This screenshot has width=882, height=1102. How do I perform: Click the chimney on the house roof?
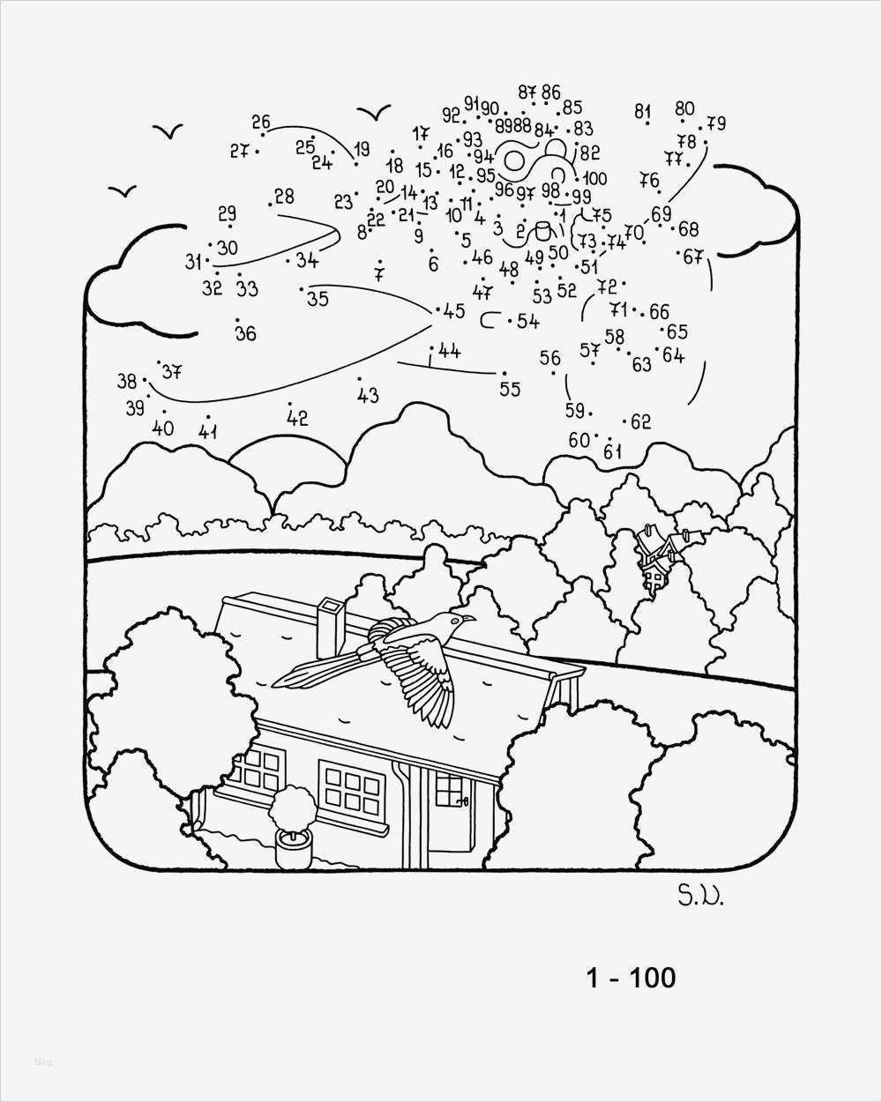pos(332,627)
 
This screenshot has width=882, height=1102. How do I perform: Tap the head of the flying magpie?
pos(460,622)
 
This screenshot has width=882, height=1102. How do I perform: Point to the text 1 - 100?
pos(631,977)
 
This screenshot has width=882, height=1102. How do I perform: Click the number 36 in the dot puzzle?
pos(245,332)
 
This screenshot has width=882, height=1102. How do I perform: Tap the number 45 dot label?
pos(454,310)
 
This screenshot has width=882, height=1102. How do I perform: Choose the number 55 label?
pos(510,388)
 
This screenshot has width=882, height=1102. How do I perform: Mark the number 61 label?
pos(612,452)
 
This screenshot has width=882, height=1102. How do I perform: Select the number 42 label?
pos(297,419)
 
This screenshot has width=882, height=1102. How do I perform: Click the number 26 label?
pos(260,123)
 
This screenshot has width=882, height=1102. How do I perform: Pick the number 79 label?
pos(715,123)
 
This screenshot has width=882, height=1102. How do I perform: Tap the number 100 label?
pos(595,179)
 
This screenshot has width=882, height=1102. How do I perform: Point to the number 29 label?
pos(227,213)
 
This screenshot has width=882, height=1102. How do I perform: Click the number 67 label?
pos(693,257)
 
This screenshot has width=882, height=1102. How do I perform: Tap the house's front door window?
pos(450,789)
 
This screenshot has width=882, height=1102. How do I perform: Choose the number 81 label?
pos(642,111)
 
